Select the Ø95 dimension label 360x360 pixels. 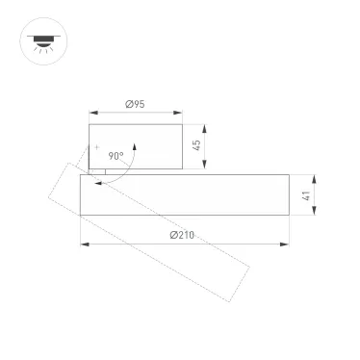[x=135, y=105]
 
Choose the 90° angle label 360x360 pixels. [x=116, y=155]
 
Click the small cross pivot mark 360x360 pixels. [x=96, y=146]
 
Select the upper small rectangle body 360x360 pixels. [x=135, y=146]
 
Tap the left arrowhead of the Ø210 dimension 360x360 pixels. [x=83, y=244]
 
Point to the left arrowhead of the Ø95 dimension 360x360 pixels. [x=91, y=113]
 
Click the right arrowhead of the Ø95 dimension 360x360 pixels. [x=180, y=113]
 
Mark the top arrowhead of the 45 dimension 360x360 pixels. [x=205, y=125]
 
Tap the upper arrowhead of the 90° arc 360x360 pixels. [x=135, y=144]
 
